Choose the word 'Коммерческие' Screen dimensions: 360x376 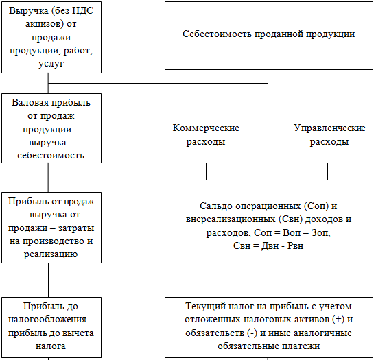[206, 128]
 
